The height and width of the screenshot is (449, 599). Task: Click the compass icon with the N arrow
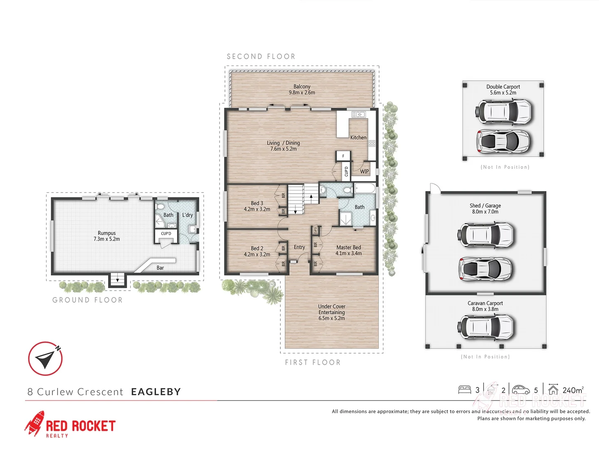[45, 358]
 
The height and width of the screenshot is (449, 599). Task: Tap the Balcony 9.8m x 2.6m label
[302, 90]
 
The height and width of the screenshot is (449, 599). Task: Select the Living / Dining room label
[283, 146]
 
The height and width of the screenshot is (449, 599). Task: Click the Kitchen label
[358, 138]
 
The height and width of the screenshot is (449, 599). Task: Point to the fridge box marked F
[343, 156]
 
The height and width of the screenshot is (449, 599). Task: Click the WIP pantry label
[364, 171]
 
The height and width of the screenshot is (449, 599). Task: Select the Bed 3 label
[257, 206]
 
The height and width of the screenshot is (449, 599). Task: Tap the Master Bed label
[349, 250]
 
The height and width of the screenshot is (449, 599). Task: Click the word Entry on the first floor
[299, 247]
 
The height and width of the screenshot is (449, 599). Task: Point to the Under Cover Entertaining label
[332, 312]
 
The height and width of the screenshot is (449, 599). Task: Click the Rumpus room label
[106, 236]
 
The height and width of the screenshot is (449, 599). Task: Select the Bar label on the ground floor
[160, 268]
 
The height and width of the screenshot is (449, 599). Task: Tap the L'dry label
[188, 215]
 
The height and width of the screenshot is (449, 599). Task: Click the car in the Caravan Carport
[485, 326]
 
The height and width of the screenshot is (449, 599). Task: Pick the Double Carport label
[503, 90]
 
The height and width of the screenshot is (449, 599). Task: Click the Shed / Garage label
[485, 209]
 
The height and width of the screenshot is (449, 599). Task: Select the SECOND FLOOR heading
[261, 57]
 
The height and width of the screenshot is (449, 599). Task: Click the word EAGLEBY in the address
[156, 392]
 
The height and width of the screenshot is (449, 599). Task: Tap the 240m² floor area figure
[573, 390]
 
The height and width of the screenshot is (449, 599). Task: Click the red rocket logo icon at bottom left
[35, 423]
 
